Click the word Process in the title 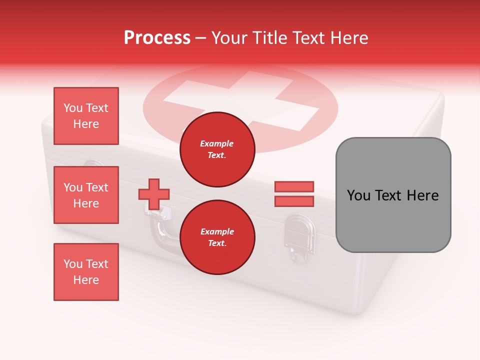coord(157,38)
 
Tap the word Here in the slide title coord(348,38)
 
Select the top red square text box coord(86,116)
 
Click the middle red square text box coord(86,195)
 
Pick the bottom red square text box coord(86,271)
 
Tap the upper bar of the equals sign coord(294,186)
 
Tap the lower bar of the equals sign coord(294,201)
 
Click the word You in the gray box coord(358,195)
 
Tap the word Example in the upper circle coord(217,143)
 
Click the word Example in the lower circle coord(217,231)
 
